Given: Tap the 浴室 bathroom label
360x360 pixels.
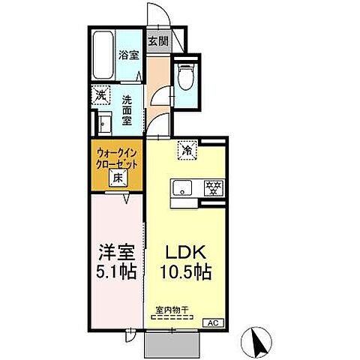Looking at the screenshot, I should [x=128, y=54].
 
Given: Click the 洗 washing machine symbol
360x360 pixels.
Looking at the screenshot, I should [x=100, y=95].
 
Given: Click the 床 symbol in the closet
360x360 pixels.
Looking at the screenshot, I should [x=118, y=178].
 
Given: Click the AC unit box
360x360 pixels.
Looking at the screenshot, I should [x=214, y=322].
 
